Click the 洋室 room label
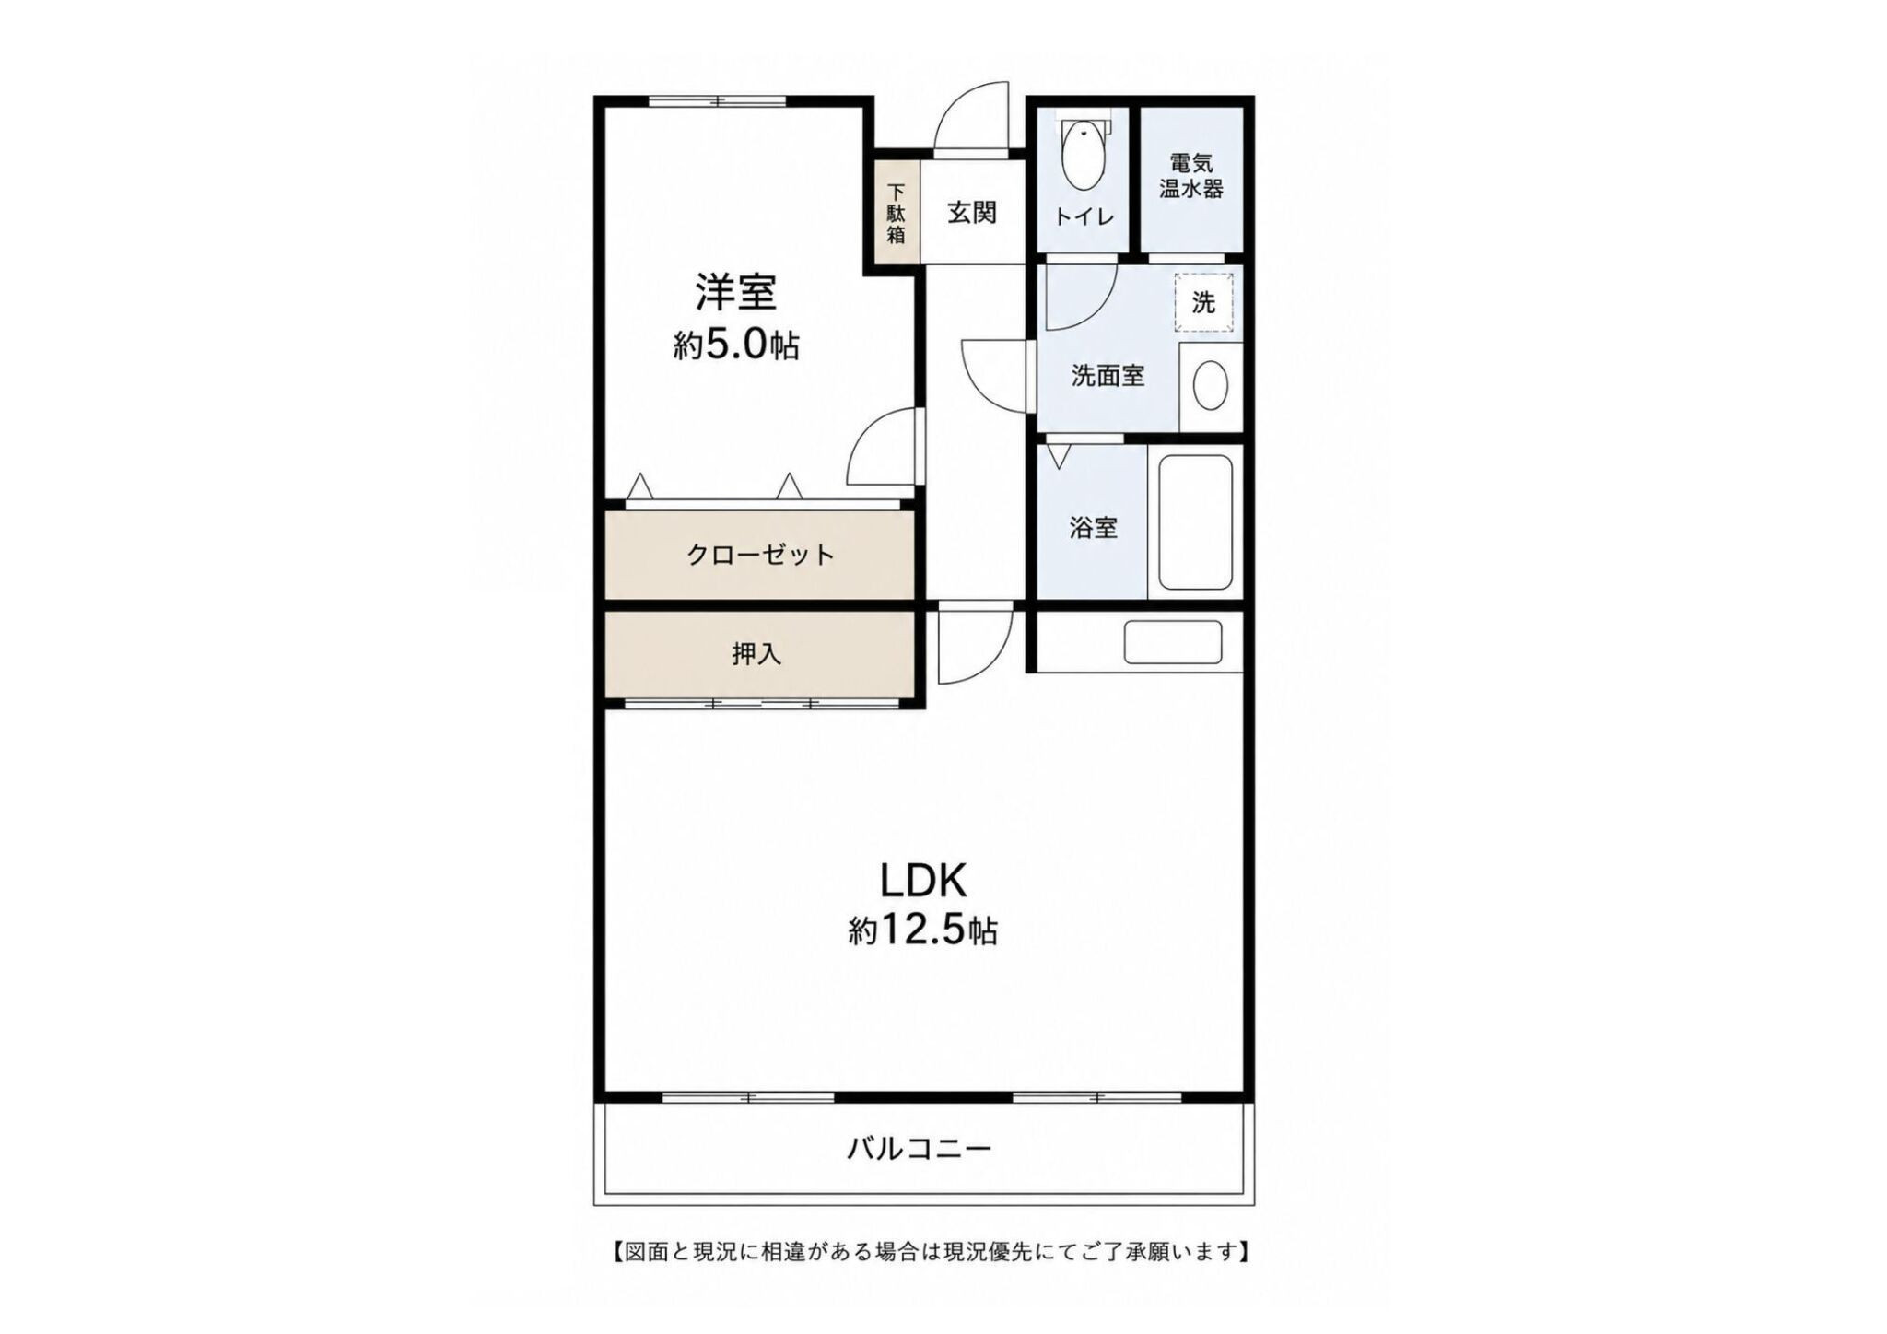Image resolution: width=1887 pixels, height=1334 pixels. click(735, 292)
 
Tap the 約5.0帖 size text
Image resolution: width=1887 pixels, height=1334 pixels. click(735, 345)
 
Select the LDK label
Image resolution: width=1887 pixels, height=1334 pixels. click(923, 882)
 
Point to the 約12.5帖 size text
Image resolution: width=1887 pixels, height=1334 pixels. click(923, 931)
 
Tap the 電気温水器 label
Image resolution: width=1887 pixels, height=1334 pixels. click(1191, 176)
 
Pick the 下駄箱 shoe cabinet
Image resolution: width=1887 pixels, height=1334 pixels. click(896, 214)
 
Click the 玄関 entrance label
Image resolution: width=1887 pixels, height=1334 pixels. click(972, 213)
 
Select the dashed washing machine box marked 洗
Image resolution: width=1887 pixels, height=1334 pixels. click(1203, 302)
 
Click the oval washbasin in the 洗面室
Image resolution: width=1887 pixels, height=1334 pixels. click(1210, 386)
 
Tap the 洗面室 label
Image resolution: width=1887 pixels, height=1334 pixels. click(1108, 376)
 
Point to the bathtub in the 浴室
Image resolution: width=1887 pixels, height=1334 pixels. click(1195, 522)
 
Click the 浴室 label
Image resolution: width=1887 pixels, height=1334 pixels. click(1094, 528)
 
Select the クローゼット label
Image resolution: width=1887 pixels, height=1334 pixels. click(760, 555)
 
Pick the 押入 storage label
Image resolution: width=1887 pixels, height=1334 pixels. click(756, 654)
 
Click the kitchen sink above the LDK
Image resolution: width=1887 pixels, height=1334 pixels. click(1173, 641)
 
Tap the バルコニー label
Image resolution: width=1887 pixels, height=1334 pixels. click(919, 1149)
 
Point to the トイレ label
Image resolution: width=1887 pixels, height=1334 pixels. click(1084, 217)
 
